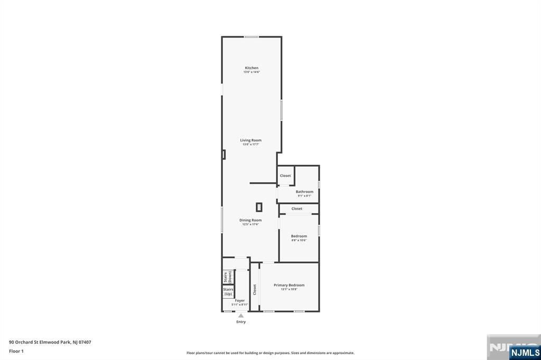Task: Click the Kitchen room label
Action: coord(251,68)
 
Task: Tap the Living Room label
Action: coord(251,140)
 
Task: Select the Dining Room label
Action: coord(250,220)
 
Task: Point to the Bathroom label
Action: coord(304,192)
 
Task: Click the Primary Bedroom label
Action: coord(289,285)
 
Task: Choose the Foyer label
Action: coord(240,300)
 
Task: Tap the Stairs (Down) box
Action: coord(228,277)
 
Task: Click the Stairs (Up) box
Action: coord(228,291)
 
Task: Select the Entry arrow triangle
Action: coord(241,316)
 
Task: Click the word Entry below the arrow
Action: coord(241,321)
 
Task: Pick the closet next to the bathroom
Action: coord(285,176)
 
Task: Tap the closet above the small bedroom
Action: coord(297,209)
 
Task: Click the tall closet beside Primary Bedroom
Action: coord(255,289)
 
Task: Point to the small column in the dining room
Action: coord(259,207)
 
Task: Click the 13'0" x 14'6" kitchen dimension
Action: coord(251,72)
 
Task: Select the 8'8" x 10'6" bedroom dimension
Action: coord(299,240)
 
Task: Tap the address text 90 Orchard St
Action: coord(50,342)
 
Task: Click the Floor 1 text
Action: coord(16,350)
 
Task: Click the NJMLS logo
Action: coord(525,352)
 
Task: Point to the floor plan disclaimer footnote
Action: coord(270,353)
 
